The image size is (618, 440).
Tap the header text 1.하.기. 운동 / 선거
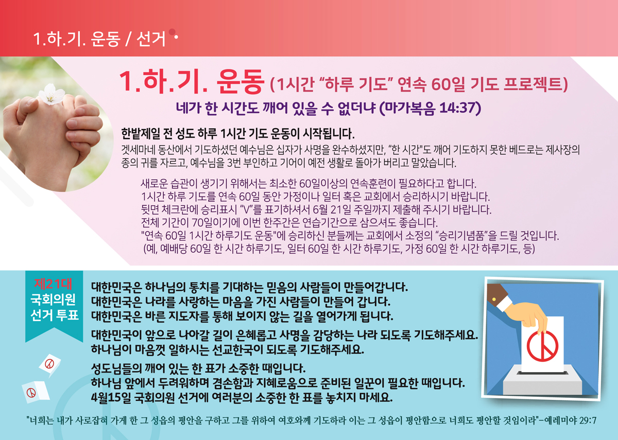[x=99, y=38]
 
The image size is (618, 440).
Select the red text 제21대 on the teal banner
[x=54, y=284]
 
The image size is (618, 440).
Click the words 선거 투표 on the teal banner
[x=55, y=315]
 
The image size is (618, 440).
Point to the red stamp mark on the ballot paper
[x=542, y=346]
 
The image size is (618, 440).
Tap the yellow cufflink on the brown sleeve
[x=494, y=299]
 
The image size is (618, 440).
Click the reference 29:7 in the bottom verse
[x=588, y=421]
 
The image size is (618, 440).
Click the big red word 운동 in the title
[x=239, y=81]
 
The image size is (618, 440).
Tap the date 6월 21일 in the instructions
[x=332, y=210]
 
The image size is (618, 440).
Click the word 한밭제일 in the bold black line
[x=141, y=134]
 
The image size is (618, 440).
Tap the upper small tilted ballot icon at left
[x=49, y=365]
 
